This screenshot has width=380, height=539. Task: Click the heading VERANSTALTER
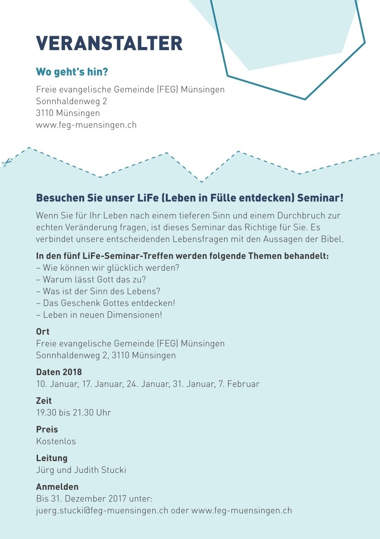tap(109, 43)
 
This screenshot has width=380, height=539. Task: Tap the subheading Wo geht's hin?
tap(72, 72)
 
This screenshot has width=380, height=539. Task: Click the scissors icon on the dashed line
tap(5, 163)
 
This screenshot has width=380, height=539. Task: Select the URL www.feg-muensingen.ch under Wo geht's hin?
tap(86, 124)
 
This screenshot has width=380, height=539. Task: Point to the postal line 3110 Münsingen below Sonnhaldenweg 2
tap(68, 113)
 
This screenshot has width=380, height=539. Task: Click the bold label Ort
tap(43, 332)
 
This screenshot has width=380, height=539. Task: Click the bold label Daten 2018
tap(59, 372)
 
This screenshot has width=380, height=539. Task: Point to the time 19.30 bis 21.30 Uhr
tap(73, 412)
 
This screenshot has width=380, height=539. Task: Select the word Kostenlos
tap(56, 441)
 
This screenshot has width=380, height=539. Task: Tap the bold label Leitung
tap(52, 458)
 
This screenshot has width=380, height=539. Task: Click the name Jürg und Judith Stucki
tap(81, 470)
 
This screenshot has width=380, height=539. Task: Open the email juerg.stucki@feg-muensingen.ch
tap(102, 510)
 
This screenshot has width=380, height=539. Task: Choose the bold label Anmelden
tap(57, 487)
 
